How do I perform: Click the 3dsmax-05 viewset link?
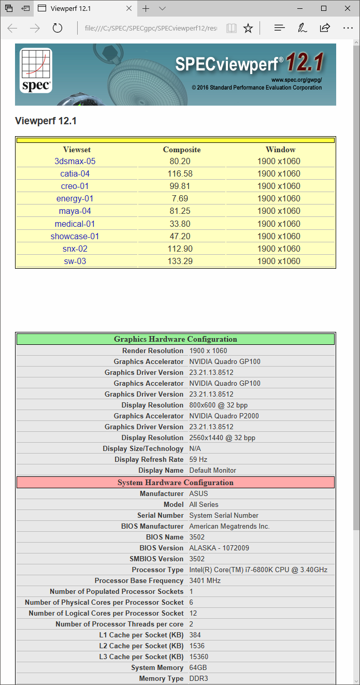(75, 161)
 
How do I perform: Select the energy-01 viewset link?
(75, 198)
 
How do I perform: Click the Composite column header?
(182, 150)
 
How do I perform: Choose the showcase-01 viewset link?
(75, 236)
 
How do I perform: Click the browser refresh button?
(57, 28)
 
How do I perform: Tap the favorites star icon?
(248, 28)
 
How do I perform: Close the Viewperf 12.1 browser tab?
(128, 8)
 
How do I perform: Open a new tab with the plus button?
(146, 8)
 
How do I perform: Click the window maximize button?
(324, 8)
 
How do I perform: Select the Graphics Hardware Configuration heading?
(176, 339)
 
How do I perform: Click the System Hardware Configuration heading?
(176, 483)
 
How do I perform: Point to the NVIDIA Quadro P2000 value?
(224, 416)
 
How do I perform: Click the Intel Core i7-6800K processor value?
(258, 570)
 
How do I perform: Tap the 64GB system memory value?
(199, 667)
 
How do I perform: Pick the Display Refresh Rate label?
(149, 459)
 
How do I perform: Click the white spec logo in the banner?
(36, 71)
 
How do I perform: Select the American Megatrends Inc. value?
(229, 526)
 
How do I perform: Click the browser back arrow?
(12, 28)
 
